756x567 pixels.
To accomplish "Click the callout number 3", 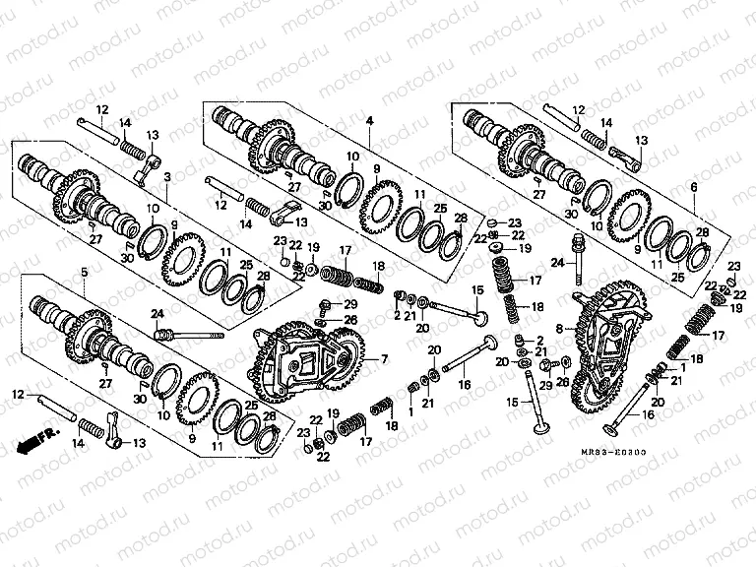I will (x=167, y=177).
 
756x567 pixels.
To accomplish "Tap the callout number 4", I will (x=369, y=120).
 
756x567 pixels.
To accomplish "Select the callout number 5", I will (x=83, y=271).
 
